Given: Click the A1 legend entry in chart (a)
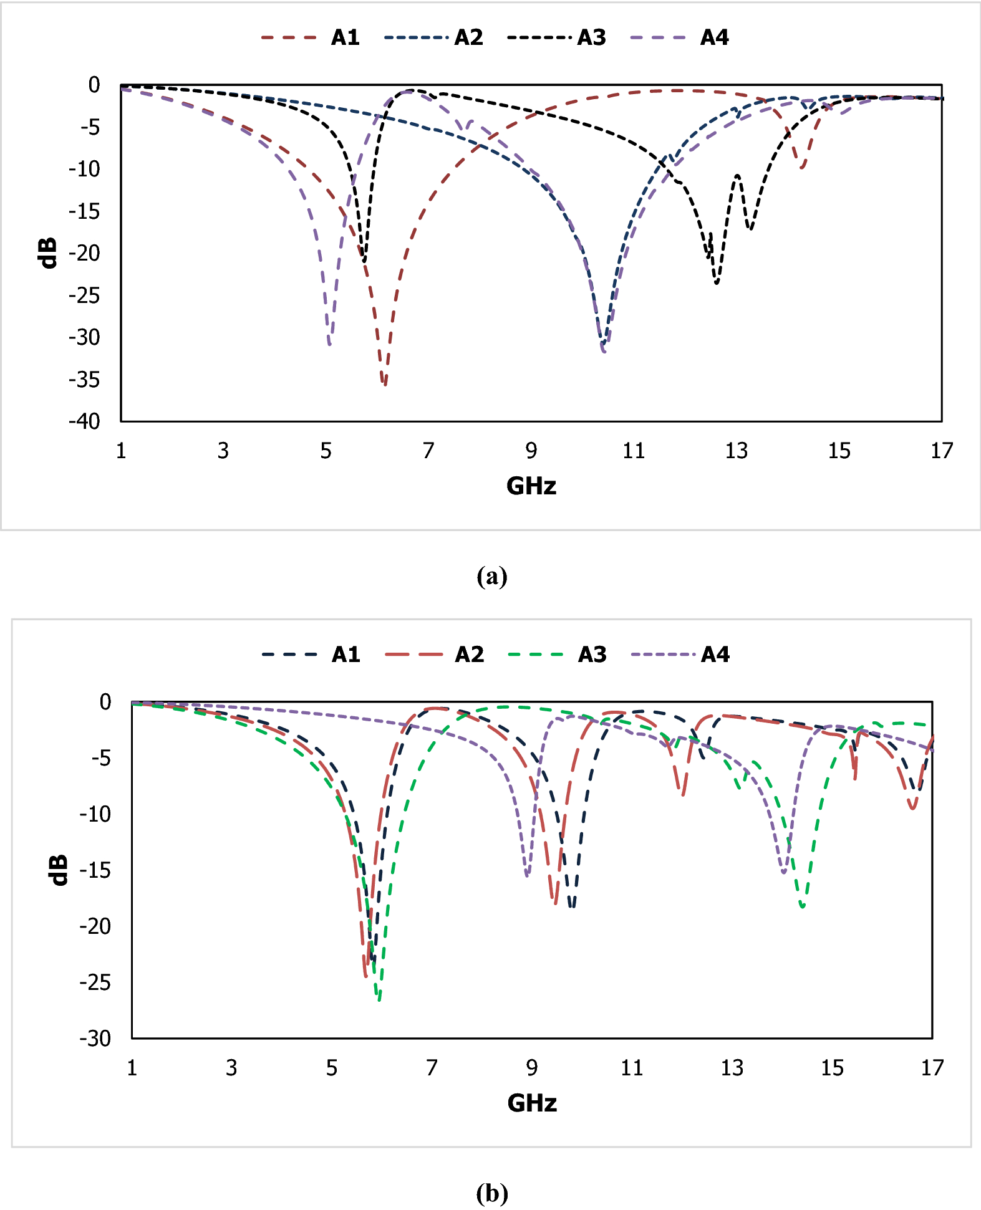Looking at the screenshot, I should [x=311, y=38].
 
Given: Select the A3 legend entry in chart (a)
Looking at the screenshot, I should [x=557, y=38].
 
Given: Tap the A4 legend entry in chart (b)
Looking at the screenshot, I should [x=680, y=655].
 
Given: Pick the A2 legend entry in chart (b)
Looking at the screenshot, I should [x=435, y=655].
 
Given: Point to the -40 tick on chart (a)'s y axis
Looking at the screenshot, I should [x=85, y=421].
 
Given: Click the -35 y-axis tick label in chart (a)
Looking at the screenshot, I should [x=85, y=380].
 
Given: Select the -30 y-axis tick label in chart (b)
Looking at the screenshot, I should [x=95, y=1038].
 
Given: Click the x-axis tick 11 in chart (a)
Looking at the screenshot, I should [x=634, y=451].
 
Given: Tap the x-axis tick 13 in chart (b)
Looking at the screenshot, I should [x=732, y=1068].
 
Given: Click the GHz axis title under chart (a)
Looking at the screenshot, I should [x=531, y=486].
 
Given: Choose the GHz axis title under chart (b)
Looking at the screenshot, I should [x=532, y=1103].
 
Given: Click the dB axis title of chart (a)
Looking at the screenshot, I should [x=48, y=252].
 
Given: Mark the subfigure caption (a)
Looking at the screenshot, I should [x=491, y=577].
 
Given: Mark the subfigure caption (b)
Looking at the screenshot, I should [x=491, y=1193].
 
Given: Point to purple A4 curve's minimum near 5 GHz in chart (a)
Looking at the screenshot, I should [x=329, y=344].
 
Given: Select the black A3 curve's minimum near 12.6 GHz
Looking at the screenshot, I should [x=717, y=284].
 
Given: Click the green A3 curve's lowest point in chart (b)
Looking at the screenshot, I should [x=379, y=999].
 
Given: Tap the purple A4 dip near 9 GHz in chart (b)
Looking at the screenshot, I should [x=528, y=876].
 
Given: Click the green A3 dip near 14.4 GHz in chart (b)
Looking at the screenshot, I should [x=803, y=907].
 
